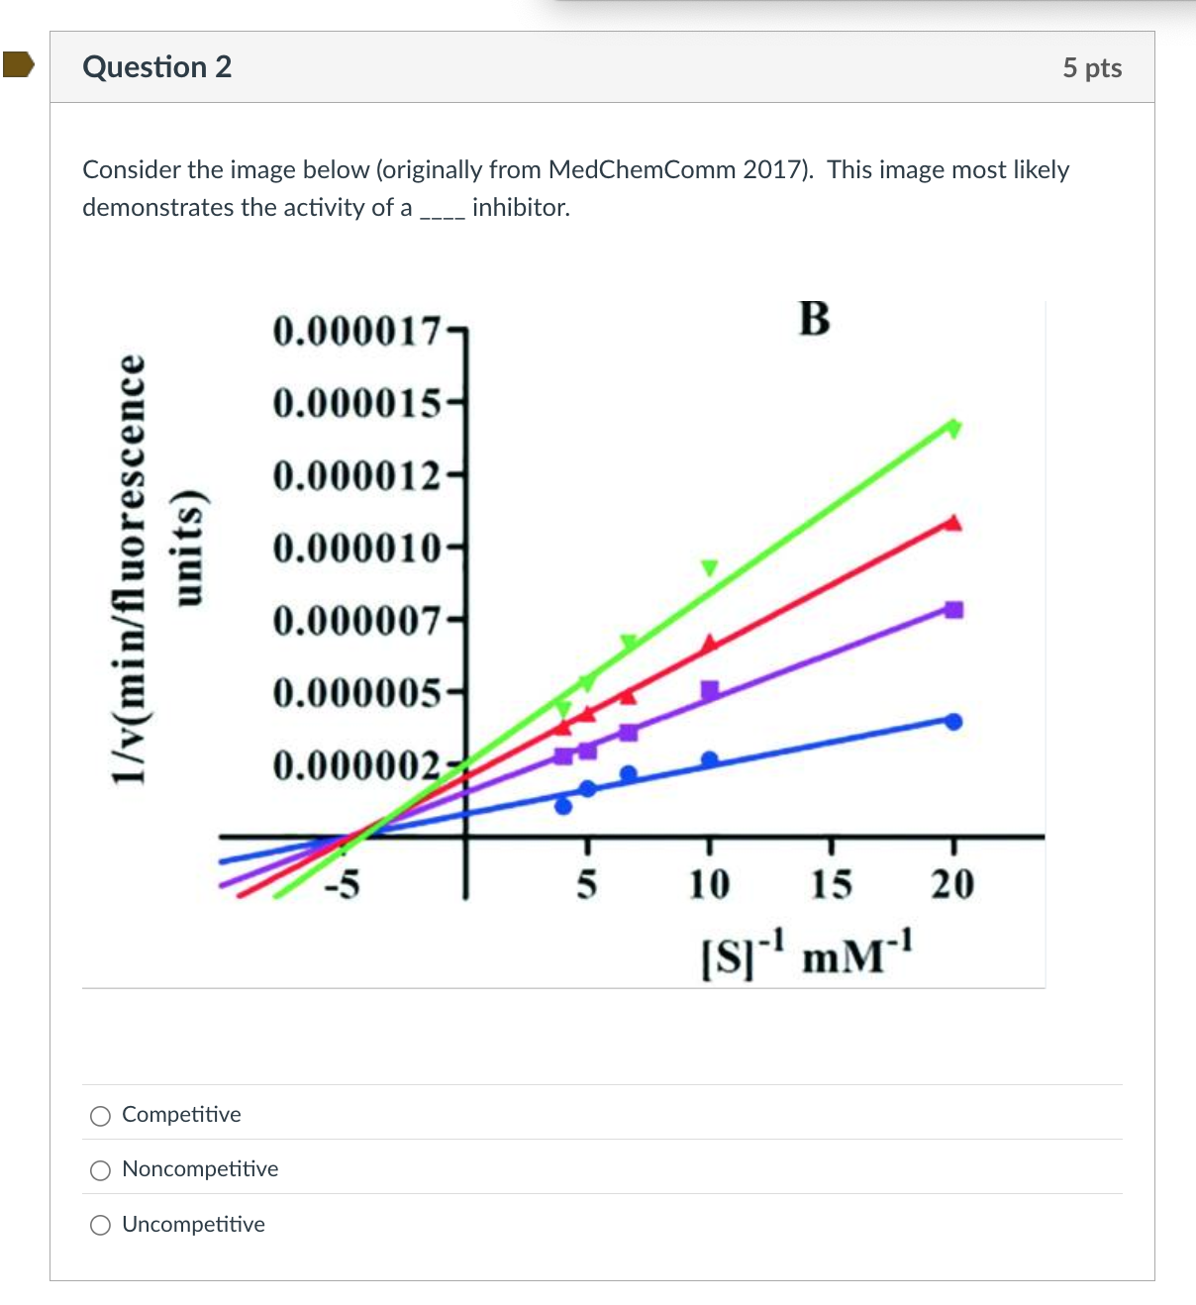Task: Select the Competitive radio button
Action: click(x=100, y=1116)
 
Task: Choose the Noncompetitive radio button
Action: click(x=100, y=1170)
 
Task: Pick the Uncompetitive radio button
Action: click(x=100, y=1226)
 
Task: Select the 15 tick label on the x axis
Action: click(x=831, y=884)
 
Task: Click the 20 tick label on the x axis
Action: click(x=952, y=884)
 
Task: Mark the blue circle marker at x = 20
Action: click(x=953, y=722)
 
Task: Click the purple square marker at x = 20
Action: click(x=953, y=610)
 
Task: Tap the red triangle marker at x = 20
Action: click(x=952, y=523)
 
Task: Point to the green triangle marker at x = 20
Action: click(x=953, y=428)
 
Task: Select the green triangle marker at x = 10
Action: click(x=709, y=567)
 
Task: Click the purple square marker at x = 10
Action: click(x=710, y=689)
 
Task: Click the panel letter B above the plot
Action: click(x=814, y=319)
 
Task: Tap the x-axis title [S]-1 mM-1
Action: click(x=807, y=954)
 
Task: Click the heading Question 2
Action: click(x=157, y=66)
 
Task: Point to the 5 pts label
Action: click(x=1092, y=67)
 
